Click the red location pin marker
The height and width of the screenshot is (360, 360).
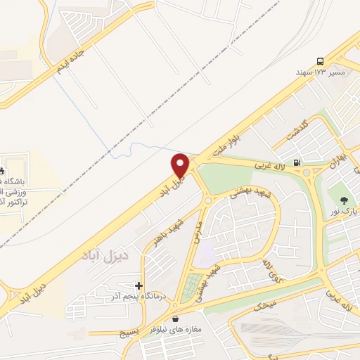[181, 165]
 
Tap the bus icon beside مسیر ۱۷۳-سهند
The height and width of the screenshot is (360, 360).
[321, 61]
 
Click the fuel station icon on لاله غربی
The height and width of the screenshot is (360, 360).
[298, 163]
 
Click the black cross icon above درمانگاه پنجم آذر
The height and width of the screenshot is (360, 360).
[139, 286]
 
